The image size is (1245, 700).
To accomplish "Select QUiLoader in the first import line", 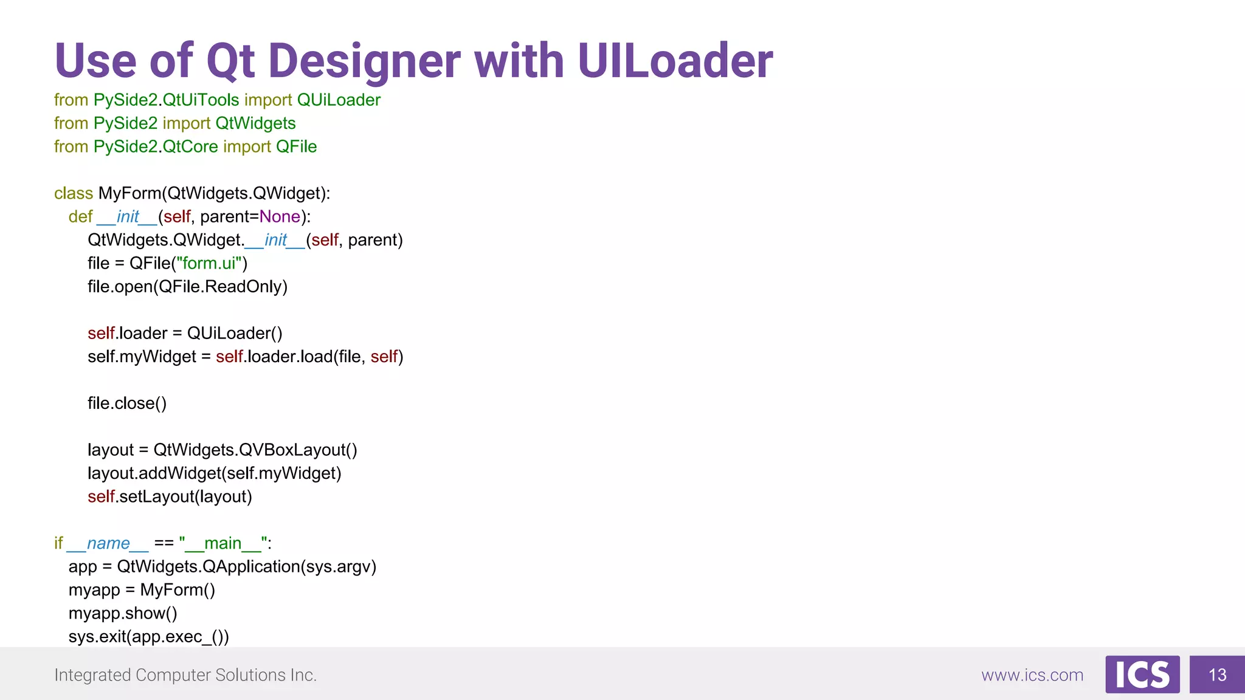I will (339, 100).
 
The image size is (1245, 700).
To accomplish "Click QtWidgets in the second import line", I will (255, 123).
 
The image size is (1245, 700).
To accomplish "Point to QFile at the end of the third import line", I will (296, 147).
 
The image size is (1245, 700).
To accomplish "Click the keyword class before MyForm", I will (74, 193).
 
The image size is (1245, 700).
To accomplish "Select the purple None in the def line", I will (280, 217).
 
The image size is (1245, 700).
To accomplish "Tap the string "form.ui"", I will (209, 264).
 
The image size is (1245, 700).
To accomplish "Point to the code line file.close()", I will (126, 403).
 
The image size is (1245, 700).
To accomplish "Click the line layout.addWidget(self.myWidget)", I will (214, 473).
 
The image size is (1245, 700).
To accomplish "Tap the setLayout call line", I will (170, 497).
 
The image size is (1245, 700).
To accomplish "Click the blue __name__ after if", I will (108, 543).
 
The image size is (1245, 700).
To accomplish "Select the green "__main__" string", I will (223, 543).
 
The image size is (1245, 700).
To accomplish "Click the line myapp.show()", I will (123, 614).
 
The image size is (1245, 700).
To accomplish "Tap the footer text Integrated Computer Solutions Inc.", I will (185, 675).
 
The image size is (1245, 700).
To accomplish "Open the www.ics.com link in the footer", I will (1032, 675).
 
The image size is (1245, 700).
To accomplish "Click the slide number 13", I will (1217, 675).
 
